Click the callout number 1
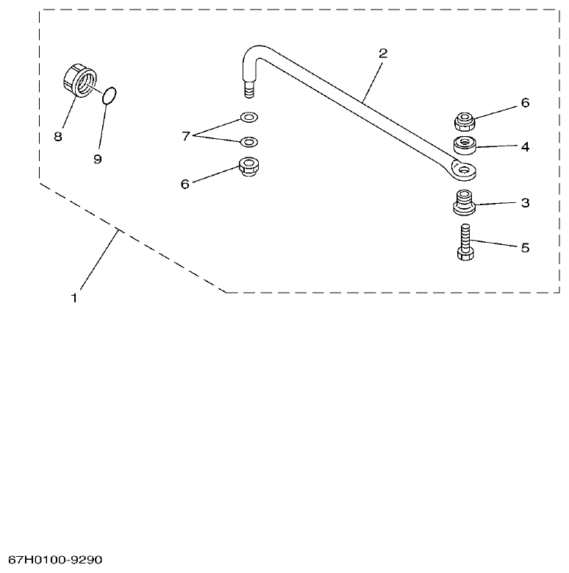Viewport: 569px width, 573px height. tap(74, 299)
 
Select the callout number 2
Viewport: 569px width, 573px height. tap(383, 54)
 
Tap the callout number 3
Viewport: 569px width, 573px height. tap(525, 202)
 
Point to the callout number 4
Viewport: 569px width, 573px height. tap(525, 146)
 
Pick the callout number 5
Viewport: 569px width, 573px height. tap(525, 247)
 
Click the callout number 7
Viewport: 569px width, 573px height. tap(187, 135)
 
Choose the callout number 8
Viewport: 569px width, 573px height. tap(59, 136)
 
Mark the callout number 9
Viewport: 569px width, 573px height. tap(98, 159)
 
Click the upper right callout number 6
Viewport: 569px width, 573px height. tap(525, 103)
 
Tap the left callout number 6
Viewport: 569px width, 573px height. tap(185, 184)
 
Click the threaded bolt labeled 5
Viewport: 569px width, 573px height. tap(465, 243)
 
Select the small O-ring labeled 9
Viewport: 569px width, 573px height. tap(110, 95)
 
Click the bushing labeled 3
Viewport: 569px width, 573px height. tap(465, 201)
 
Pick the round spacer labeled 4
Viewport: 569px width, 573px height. tap(465, 143)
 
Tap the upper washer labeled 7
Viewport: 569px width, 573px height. tap(248, 117)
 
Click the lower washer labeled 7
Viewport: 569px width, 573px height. tap(248, 141)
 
